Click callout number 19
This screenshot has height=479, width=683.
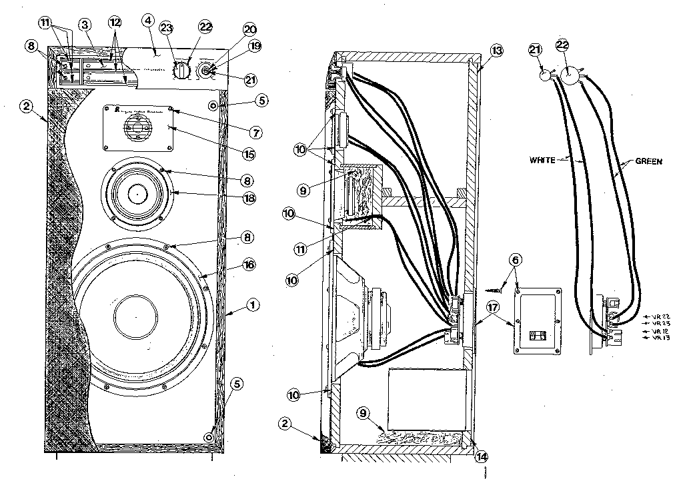coord(235,47)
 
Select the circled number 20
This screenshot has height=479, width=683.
coord(231,30)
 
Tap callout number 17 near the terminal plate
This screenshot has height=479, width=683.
coord(492,308)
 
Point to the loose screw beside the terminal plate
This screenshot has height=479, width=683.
coord(492,289)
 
